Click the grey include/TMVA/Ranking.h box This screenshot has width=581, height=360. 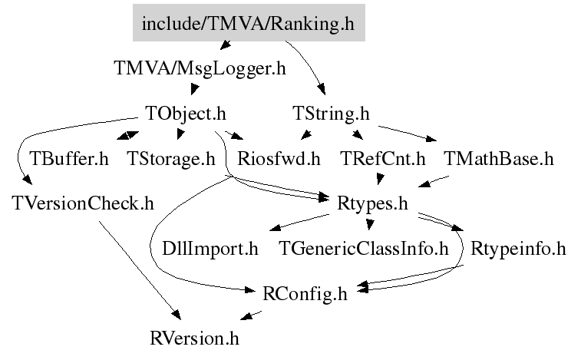pyautogui.click(x=249, y=22)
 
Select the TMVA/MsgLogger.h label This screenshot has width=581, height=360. pyautogui.click(x=200, y=68)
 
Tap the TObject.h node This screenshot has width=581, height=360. pyautogui.click(x=186, y=114)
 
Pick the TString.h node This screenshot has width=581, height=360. pyautogui.click(x=331, y=114)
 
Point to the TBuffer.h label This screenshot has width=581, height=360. pyautogui.click(x=69, y=159)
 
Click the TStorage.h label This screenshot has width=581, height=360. pyautogui.click(x=171, y=159)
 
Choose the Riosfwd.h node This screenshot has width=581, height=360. pyautogui.click(x=279, y=159)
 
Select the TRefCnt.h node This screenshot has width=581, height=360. pyautogui.click(x=382, y=159)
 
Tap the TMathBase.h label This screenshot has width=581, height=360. pyautogui.click(x=498, y=159)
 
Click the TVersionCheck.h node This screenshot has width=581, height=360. pyautogui.click(x=83, y=203)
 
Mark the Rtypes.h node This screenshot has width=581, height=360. pyautogui.click(x=372, y=204)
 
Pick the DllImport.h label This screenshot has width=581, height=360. pyautogui.click(x=210, y=249)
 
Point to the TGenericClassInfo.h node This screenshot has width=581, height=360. pyautogui.click(x=363, y=249)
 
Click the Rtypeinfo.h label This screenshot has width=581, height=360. pyautogui.click(x=518, y=249)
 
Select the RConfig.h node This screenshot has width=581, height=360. pyautogui.click(x=305, y=294)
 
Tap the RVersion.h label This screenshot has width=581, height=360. pyautogui.click(x=194, y=339)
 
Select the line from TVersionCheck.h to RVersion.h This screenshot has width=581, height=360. pyautogui.click(x=140, y=270)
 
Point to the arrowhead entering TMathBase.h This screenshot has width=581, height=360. pyautogui.click(x=431, y=139)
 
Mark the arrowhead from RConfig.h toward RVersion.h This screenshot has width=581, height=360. pyautogui.click(x=247, y=316)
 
